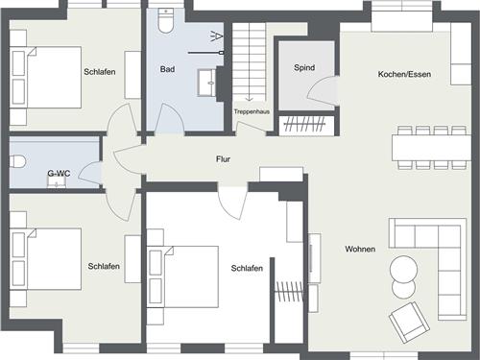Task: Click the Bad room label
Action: pos(167,69)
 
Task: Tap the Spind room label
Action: pos(304,68)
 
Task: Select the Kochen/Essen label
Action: pos(404,74)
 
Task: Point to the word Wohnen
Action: pos(360,249)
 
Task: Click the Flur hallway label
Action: pos(223,159)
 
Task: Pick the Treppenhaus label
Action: pos(252,111)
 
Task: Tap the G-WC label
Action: pos(59,174)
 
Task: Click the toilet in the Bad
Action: pos(166,21)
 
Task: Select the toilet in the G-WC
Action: pos(17,161)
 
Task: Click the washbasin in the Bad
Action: pos(206,83)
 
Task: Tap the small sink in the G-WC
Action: pos(57,182)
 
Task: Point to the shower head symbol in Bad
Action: pos(217,36)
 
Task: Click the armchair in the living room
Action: pos(409,323)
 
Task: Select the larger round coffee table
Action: pos(403,269)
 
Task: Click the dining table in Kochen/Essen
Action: pos(431,148)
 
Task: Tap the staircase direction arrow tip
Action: pos(250,101)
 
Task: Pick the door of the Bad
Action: pos(169,118)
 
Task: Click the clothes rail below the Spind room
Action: pos(304,124)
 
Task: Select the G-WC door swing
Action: pos(90,174)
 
